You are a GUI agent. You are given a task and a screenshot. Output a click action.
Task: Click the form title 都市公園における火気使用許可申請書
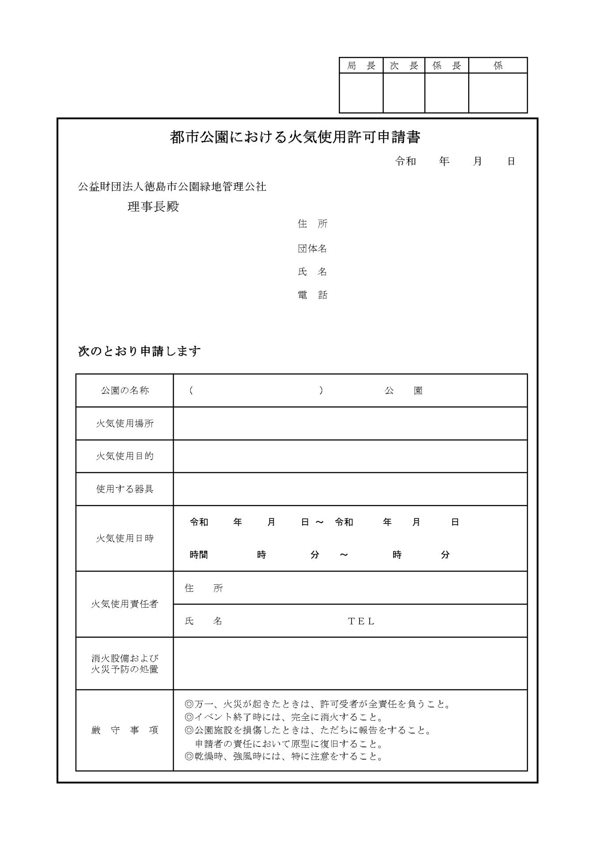[x=295, y=137]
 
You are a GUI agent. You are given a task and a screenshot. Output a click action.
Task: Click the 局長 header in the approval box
[x=361, y=66]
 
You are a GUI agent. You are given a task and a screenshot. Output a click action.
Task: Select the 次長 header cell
[x=404, y=66]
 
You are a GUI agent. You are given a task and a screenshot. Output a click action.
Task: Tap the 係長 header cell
[x=447, y=66]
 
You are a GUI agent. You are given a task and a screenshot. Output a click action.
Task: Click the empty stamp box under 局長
[x=361, y=93]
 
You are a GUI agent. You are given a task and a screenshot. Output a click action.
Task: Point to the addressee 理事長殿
[x=153, y=207]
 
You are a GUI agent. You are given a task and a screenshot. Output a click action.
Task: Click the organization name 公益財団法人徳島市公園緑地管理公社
[x=172, y=187]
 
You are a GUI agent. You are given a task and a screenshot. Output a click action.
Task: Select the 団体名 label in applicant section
[x=312, y=249]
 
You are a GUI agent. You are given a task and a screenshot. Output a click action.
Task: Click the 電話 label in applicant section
[x=312, y=295]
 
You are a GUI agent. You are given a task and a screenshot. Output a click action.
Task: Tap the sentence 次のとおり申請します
[x=139, y=352]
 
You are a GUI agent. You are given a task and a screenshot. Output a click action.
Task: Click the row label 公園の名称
[x=125, y=390]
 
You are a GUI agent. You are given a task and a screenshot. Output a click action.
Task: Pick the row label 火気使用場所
[x=125, y=424]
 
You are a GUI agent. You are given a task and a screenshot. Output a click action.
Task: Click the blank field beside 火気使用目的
[x=350, y=456]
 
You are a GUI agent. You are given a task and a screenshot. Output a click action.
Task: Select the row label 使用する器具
[x=125, y=489]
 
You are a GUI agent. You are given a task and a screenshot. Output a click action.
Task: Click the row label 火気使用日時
[x=125, y=538]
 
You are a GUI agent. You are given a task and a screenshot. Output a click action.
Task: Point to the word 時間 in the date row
[x=199, y=555]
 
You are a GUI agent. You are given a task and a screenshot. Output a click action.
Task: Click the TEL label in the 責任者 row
[x=361, y=621]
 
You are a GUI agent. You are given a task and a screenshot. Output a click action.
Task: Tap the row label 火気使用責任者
[x=125, y=604]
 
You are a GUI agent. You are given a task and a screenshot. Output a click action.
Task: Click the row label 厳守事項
[x=125, y=731]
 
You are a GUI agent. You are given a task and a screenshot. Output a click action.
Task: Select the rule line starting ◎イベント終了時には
[x=284, y=717]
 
